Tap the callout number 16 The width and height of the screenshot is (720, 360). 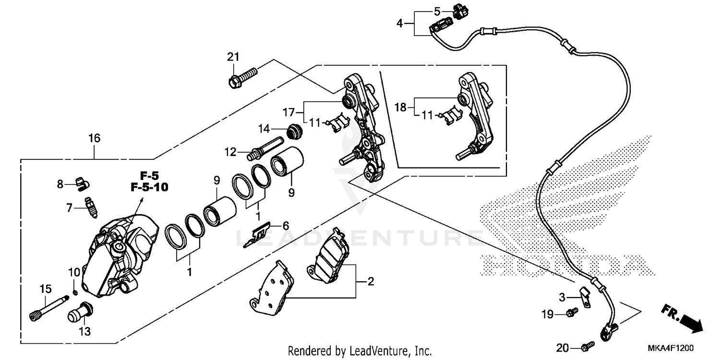pos(94,139)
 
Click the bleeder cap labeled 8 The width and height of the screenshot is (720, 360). pos(83,183)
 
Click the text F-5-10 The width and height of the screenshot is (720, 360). pos(149,188)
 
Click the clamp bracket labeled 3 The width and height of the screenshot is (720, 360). pos(585,296)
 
